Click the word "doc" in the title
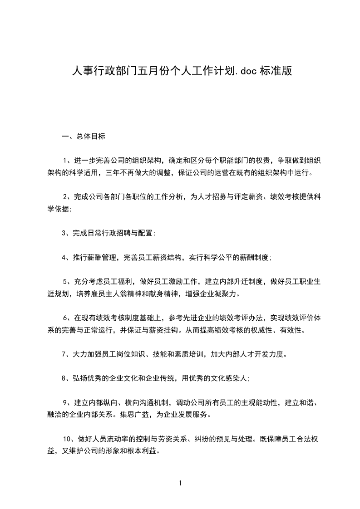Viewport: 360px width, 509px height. pos(247,71)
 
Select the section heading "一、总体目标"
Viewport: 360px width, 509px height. pos(84,136)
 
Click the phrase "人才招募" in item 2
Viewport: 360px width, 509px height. pos(213,196)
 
